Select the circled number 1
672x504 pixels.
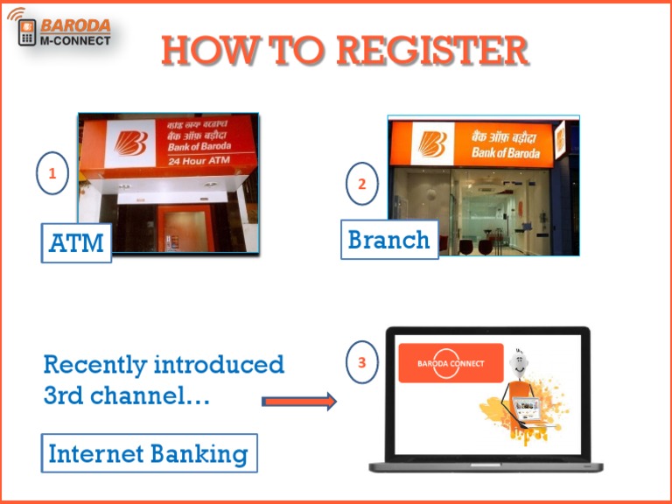click(x=52, y=174)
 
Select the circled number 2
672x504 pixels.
click(x=361, y=184)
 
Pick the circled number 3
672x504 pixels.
click(x=361, y=362)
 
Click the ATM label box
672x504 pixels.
click(x=76, y=242)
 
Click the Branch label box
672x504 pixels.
click(x=388, y=239)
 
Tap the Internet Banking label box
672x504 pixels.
click(x=148, y=453)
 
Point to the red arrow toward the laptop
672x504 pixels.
click(x=298, y=402)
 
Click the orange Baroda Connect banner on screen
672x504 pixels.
click(x=451, y=362)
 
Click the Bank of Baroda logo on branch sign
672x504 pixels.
click(x=431, y=143)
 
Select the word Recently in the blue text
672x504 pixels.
click(x=94, y=364)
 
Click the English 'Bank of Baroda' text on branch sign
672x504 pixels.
click(x=505, y=152)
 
